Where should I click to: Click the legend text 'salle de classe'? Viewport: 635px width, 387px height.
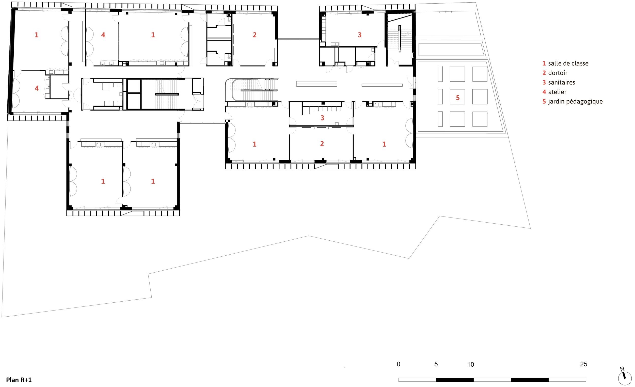(x=568, y=64)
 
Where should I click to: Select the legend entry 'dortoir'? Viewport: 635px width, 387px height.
(x=558, y=73)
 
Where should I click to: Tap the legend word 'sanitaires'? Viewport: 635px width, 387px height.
(x=562, y=83)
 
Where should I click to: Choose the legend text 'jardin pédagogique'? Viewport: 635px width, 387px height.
(x=576, y=102)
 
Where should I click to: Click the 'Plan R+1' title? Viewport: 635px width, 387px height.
(x=19, y=380)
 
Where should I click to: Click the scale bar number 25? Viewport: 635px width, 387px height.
(x=584, y=364)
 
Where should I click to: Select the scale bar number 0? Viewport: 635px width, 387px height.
(x=399, y=364)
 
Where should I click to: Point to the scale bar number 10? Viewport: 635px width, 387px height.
(x=471, y=364)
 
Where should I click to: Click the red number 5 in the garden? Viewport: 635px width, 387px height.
(x=458, y=98)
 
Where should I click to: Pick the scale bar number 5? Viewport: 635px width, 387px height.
(x=436, y=364)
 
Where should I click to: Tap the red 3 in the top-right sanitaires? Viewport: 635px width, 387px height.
(x=359, y=35)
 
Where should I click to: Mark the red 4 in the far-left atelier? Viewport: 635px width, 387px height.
(x=37, y=88)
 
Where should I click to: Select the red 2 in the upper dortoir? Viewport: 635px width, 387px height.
(x=255, y=35)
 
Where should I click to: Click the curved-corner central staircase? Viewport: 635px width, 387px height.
(x=251, y=90)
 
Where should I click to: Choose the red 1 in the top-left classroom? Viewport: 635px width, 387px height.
(x=37, y=35)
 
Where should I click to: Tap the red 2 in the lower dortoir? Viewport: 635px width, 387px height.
(x=322, y=144)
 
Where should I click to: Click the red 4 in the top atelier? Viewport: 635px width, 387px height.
(x=103, y=35)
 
